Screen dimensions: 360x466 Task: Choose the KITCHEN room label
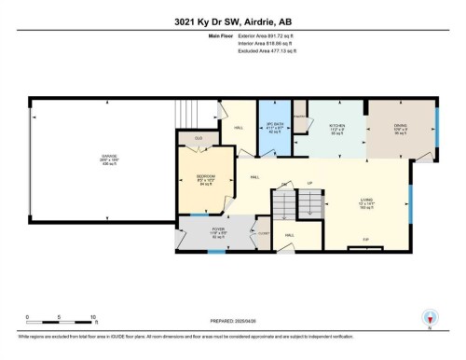point(336,126)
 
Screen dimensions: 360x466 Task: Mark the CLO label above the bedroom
point(198,138)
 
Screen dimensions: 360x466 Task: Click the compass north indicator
point(429,318)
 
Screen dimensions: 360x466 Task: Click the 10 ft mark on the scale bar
point(94,317)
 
